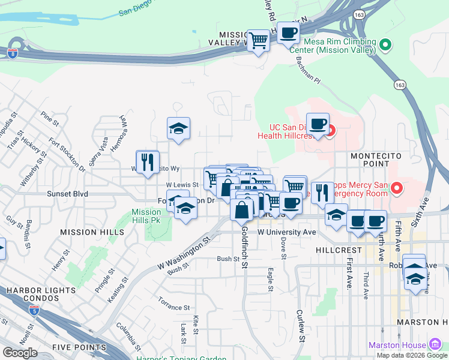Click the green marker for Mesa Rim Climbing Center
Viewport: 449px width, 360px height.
[386, 44]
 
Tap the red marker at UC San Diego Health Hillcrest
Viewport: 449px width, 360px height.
[330, 129]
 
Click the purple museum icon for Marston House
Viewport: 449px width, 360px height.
[436, 345]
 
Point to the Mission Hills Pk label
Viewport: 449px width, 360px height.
[146, 216]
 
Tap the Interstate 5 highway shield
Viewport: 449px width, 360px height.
[34, 310]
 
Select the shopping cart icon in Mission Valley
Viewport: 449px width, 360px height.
[258, 41]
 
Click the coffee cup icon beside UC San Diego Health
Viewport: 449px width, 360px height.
[318, 124]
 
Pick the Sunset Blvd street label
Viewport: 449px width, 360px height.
[68, 194]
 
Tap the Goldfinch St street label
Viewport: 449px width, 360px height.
[245, 246]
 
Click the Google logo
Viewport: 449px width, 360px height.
[20, 353]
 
